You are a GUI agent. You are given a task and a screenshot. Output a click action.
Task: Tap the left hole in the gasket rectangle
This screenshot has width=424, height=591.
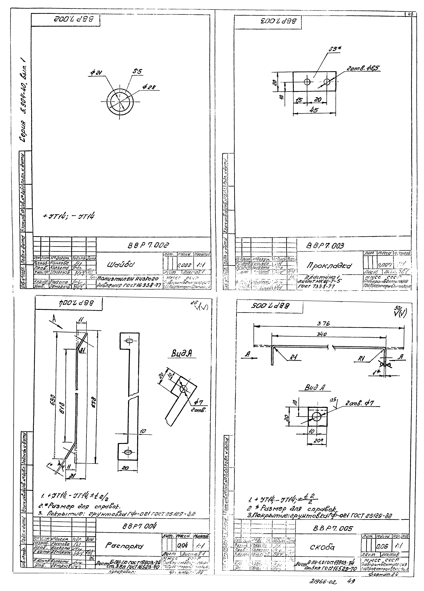click(x=307, y=82)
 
